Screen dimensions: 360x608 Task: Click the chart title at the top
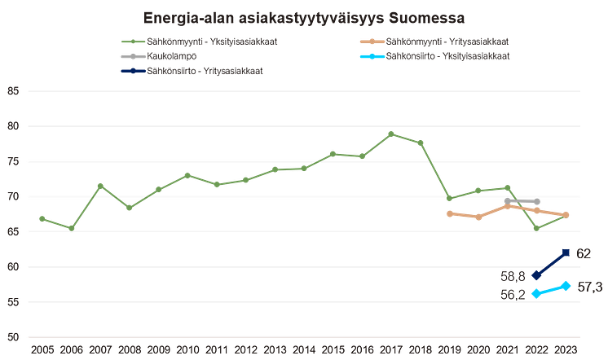coord(303,16)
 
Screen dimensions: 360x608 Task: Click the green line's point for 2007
coord(99,185)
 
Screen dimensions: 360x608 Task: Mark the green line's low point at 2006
coord(72,227)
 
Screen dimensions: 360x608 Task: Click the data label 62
coord(584,252)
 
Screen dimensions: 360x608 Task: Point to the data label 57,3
coord(589,286)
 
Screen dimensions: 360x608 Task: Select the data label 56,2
coord(512,294)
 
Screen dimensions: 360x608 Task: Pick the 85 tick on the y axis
coord(12,90)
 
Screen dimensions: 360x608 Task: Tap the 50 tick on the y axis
coord(12,337)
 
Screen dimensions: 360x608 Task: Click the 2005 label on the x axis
coord(42,349)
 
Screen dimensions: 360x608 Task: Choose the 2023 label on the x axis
coord(565,349)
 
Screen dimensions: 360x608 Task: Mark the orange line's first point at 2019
coord(448,213)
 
